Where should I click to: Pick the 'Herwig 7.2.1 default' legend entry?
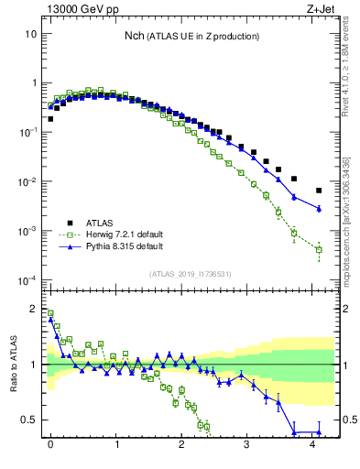point(115,234)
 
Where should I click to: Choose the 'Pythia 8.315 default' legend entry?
point(115,247)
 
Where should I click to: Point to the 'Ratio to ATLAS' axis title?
point(12,365)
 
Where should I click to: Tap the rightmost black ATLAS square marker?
point(319,191)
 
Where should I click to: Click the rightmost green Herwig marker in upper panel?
point(319,249)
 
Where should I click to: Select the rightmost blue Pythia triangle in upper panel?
point(319,209)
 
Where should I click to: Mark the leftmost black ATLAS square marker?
point(50,118)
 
